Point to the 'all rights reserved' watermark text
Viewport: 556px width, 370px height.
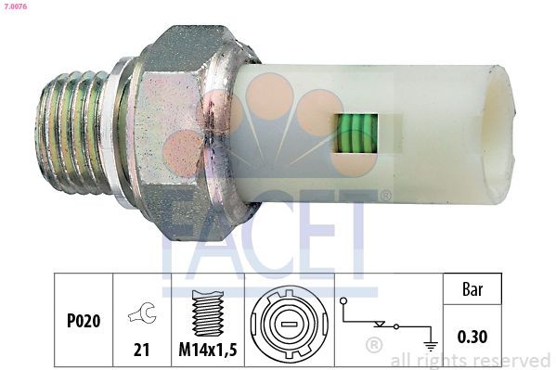pos(471,360)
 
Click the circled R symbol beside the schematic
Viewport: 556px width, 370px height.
pos(374,347)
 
